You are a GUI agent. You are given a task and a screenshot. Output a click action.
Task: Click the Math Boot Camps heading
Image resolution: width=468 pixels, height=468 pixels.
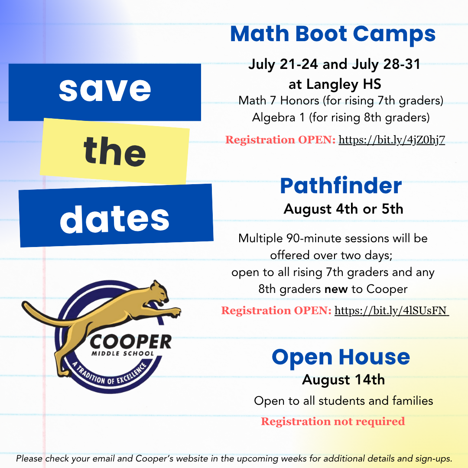coord(332,34)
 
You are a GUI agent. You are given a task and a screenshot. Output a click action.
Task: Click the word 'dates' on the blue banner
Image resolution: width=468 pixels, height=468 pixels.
coord(115,217)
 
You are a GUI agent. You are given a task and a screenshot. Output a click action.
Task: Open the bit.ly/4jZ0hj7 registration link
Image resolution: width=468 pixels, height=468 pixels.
coord(392,140)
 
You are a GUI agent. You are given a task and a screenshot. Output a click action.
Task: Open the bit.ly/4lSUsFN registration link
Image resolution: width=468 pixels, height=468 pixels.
coord(391,311)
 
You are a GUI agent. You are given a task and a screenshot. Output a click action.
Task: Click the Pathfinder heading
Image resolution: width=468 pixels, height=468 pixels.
coord(341,186)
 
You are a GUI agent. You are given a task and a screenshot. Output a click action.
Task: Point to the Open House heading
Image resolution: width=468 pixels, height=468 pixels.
coord(341,357)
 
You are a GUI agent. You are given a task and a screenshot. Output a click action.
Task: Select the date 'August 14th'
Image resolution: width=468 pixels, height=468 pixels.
coord(343,380)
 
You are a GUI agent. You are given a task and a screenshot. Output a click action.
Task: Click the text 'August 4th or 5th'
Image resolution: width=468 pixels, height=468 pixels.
coord(343,209)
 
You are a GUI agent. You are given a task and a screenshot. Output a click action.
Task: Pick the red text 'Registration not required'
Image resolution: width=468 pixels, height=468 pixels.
coord(333,421)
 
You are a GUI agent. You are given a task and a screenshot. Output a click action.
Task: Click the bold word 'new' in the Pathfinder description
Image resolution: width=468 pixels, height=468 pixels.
coord(336,289)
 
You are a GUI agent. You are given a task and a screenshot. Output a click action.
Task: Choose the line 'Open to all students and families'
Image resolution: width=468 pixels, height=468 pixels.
coord(343,401)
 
